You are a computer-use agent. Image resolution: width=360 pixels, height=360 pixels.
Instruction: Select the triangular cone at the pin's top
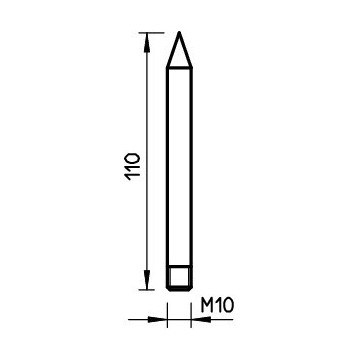coord(179,56)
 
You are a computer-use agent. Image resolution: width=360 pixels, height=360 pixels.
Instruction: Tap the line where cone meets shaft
coord(179,71)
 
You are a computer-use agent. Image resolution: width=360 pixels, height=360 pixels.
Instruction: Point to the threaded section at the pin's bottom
coord(179,277)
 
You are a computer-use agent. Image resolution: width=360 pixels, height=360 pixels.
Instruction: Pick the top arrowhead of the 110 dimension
coord(146,42)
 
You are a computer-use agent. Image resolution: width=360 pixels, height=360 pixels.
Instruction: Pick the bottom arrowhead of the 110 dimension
coord(146,281)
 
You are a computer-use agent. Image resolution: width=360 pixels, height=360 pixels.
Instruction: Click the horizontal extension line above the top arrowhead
coord(158,33)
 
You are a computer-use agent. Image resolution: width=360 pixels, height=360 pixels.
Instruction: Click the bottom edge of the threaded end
coord(179,289)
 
